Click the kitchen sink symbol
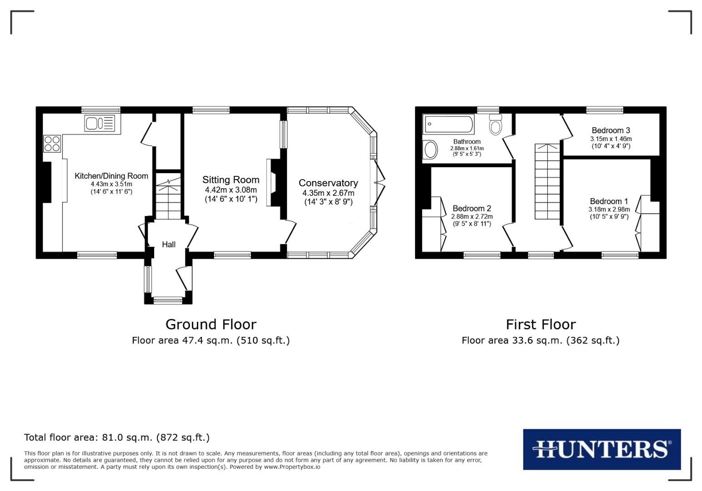coord(100,124)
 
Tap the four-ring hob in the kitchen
coord(52,144)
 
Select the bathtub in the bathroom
coord(448,124)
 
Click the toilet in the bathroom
coord(496,125)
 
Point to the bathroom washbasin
coord(430,149)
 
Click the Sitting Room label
coord(231,180)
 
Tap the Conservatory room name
coord(328,183)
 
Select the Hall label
coord(169,245)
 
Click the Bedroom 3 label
coord(611,130)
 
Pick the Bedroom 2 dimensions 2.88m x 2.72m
coord(471,216)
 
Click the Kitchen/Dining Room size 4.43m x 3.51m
coord(111,184)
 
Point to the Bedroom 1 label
coord(609,201)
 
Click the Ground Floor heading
coord(211,324)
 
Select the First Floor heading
coord(541,324)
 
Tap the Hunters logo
coord(602,449)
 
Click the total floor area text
coord(117,437)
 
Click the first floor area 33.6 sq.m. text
coord(541,340)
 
